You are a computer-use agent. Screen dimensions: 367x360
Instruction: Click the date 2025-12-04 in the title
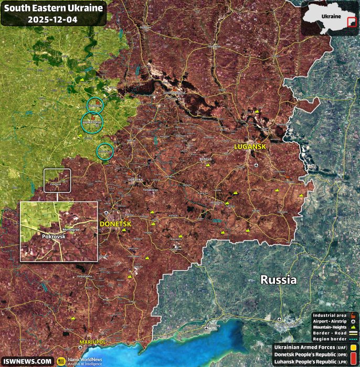[x=52, y=19]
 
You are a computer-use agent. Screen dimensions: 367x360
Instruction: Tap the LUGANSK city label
[x=250, y=148]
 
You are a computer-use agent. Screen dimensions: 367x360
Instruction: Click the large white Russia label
[x=279, y=279]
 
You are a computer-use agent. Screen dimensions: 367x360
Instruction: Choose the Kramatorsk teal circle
[x=92, y=122]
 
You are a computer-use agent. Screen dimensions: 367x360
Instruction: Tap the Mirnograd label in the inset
[x=71, y=230]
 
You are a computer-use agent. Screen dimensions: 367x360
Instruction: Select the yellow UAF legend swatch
[x=355, y=347]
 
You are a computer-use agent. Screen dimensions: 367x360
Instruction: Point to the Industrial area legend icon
[x=353, y=315]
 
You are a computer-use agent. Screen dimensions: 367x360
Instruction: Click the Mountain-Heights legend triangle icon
[x=353, y=327]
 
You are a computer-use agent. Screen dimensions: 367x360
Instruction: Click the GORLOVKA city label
[x=135, y=180]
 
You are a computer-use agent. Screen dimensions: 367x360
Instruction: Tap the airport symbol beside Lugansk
[x=255, y=166]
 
